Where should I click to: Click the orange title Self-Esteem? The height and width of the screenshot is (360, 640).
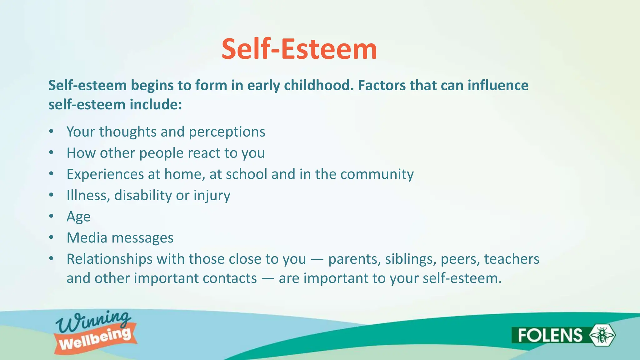[x=299, y=49]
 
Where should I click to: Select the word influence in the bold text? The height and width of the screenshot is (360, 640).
[x=498, y=85]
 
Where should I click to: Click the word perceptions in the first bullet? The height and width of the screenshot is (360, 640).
[x=227, y=132]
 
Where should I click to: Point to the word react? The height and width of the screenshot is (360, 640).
[x=204, y=153]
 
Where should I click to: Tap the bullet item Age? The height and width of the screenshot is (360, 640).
[x=78, y=217]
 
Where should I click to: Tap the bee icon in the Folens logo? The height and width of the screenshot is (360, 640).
[x=602, y=335]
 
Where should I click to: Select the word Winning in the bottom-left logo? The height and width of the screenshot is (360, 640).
[x=93, y=322]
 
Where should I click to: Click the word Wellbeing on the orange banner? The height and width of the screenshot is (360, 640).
[x=95, y=340]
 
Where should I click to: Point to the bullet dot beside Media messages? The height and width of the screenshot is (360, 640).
[x=52, y=238]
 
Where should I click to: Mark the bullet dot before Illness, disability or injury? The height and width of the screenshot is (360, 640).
[x=52, y=195]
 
